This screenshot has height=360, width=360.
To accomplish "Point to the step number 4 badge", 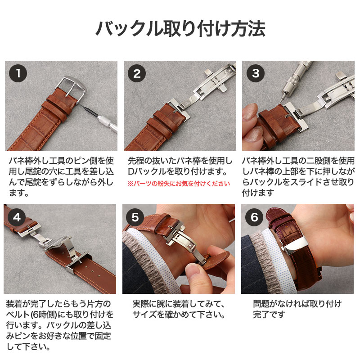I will click(x=17, y=217).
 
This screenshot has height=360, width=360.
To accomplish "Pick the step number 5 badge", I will click(x=136, y=217).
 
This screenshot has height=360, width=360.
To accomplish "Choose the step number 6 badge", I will click(x=255, y=217).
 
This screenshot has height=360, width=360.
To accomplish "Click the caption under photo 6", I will click(x=297, y=308).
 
